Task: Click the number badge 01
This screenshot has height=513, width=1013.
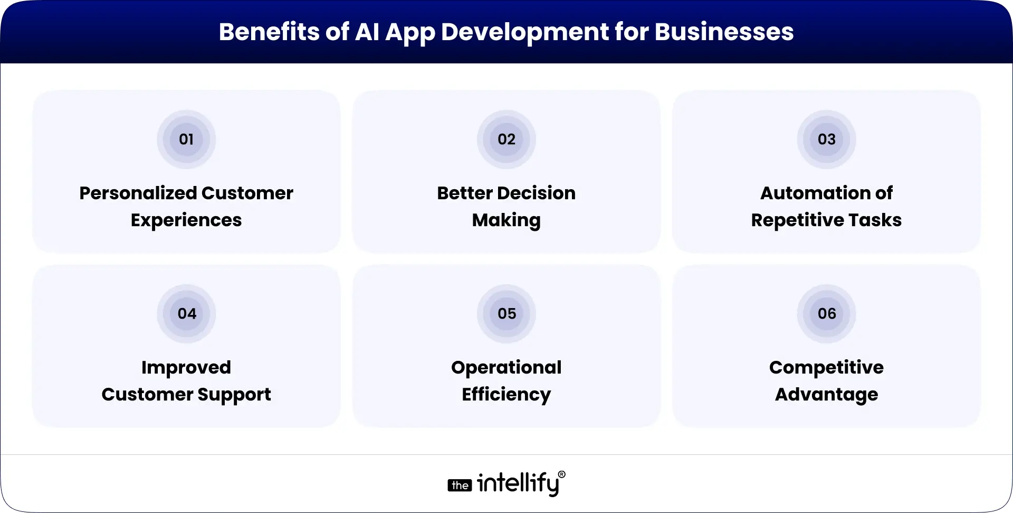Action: tap(186, 139)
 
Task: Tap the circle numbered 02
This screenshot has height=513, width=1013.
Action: tap(506, 139)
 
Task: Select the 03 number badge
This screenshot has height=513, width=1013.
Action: tap(826, 139)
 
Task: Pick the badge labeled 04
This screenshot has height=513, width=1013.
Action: tap(186, 314)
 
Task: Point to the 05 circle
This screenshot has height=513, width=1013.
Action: tap(506, 314)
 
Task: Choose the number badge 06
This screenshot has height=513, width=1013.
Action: tap(826, 314)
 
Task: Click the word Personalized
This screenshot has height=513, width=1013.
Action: tap(138, 193)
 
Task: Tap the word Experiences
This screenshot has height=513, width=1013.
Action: tap(186, 221)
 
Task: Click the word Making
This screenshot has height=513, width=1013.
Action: tap(506, 221)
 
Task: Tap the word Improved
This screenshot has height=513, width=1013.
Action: tap(186, 368)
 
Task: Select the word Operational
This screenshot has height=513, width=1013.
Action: tap(506, 368)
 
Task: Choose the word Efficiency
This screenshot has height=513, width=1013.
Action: tap(506, 395)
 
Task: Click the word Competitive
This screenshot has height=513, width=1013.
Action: tap(826, 368)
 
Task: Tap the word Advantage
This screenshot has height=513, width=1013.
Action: tap(826, 395)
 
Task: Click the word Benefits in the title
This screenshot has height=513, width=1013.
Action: tap(269, 32)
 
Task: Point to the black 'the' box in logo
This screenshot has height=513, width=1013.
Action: tap(460, 486)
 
